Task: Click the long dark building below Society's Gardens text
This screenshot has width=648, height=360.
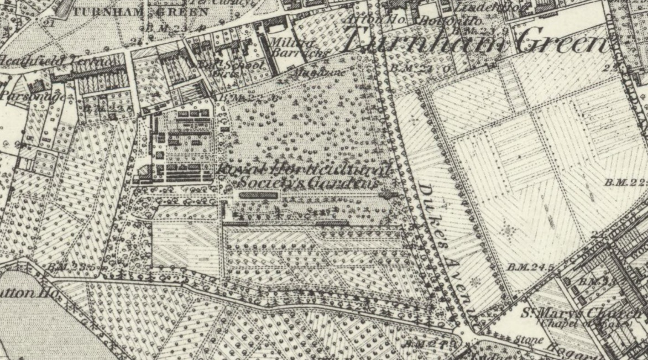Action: pos(259,195)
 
